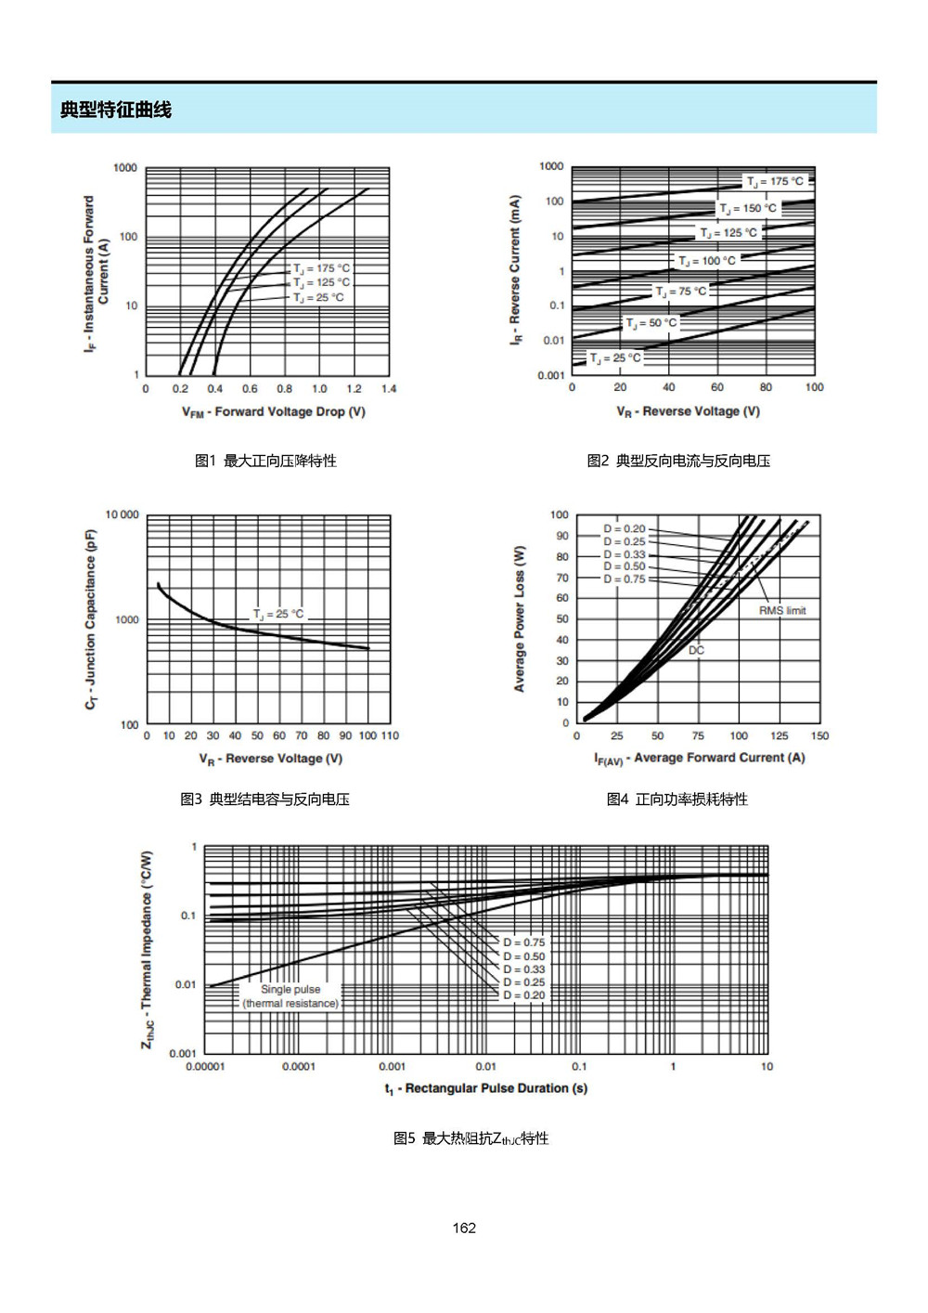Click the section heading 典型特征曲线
click(x=116, y=110)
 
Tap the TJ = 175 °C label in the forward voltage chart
click(x=322, y=268)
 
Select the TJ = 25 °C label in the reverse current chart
click(x=615, y=358)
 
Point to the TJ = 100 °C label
click(x=706, y=261)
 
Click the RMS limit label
click(x=782, y=611)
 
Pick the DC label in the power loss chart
click(x=696, y=650)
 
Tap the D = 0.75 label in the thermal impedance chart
click(x=523, y=942)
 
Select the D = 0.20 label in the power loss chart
click(x=625, y=528)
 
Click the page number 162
click(x=464, y=1228)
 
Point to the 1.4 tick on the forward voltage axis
click(x=389, y=389)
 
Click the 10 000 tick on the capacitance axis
click(x=122, y=514)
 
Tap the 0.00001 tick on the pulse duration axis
click(x=205, y=1067)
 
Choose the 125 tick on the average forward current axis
click(x=780, y=735)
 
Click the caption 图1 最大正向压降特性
click(x=265, y=461)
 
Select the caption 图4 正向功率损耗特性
click(x=677, y=799)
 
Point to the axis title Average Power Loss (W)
click(x=519, y=619)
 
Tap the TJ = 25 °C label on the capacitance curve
click(x=278, y=615)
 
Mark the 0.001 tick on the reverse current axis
click(x=550, y=375)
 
